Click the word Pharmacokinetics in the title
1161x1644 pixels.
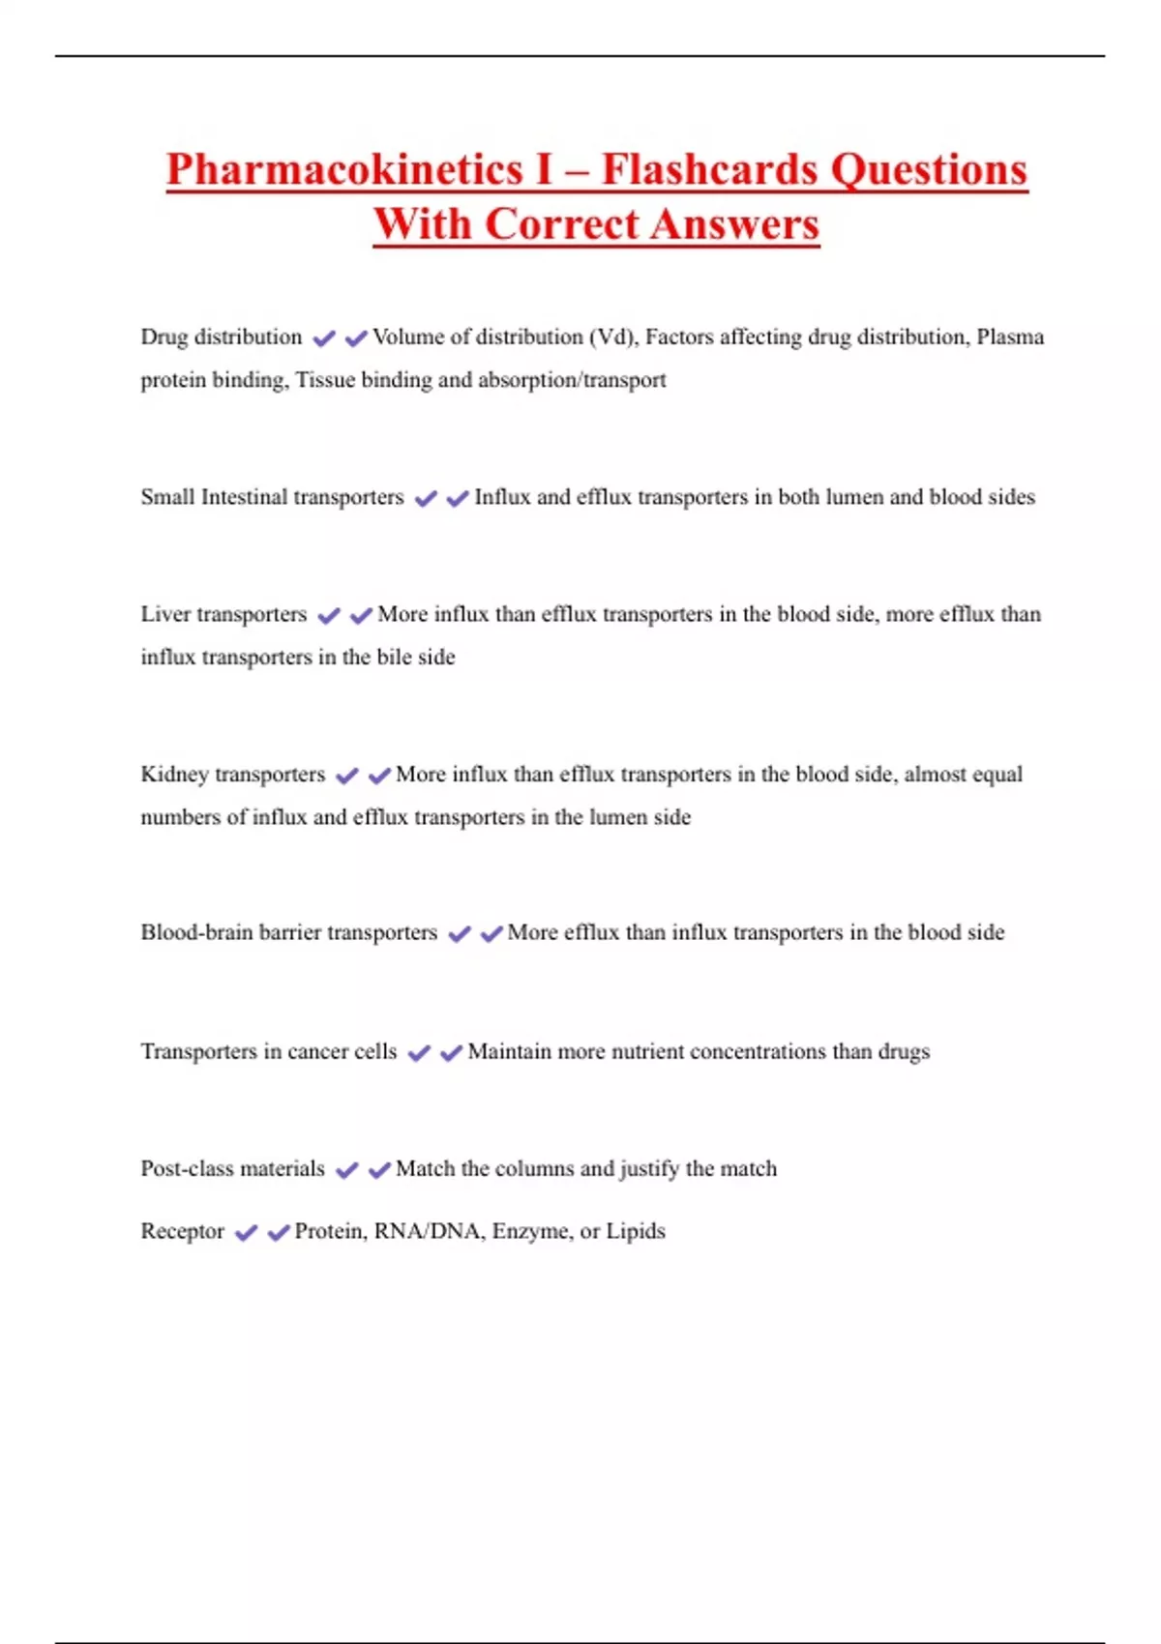click(344, 170)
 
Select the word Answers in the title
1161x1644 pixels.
click(734, 225)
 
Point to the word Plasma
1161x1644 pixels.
click(1010, 338)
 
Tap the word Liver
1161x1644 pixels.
click(165, 615)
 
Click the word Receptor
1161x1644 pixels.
click(182, 1232)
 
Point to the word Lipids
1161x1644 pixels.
click(636, 1232)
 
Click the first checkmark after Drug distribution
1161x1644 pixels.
click(324, 338)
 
